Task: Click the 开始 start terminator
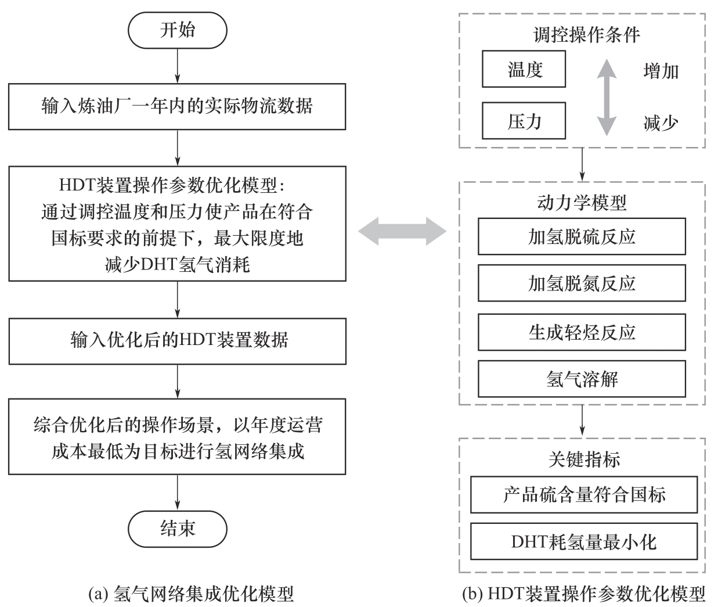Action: [177, 30]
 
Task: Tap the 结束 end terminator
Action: [177, 527]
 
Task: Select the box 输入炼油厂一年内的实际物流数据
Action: [177, 107]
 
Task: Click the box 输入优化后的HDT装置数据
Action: [177, 339]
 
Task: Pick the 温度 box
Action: [524, 70]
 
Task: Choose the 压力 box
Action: [524, 121]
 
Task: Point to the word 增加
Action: [661, 71]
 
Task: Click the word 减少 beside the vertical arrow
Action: [661, 123]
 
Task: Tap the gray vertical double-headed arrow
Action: [607, 97]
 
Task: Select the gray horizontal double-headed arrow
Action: [402, 232]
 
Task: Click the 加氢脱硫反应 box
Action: [582, 236]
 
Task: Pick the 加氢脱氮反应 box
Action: [582, 283]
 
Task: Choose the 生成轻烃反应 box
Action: [582, 332]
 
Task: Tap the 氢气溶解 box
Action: [582, 379]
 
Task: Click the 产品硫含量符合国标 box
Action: [583, 495]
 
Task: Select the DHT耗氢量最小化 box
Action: [583, 541]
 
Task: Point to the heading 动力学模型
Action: [582, 203]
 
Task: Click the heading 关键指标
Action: [584, 459]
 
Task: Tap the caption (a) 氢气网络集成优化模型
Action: [191, 594]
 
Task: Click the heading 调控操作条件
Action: [586, 35]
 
